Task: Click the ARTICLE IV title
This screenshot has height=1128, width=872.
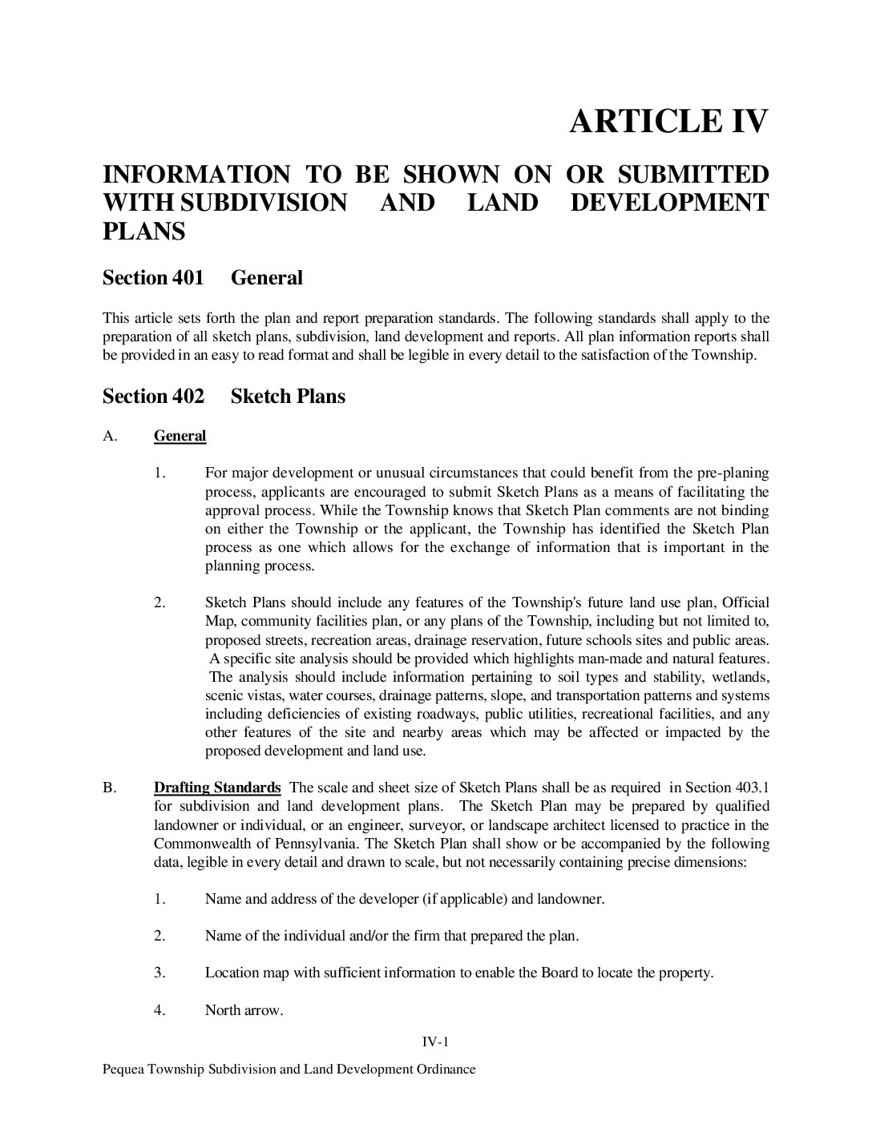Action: pyautogui.click(x=668, y=121)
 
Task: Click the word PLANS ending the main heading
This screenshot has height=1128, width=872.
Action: pyautogui.click(x=143, y=232)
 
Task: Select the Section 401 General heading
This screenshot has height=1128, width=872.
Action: pyautogui.click(x=202, y=278)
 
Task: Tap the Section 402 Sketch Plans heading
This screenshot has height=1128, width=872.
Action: pyautogui.click(x=224, y=397)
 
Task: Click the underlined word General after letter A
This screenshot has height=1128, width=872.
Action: pyautogui.click(x=180, y=436)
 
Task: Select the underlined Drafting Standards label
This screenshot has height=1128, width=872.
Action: pyautogui.click(x=216, y=787)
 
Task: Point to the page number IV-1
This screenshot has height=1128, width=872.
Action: pyautogui.click(x=435, y=1041)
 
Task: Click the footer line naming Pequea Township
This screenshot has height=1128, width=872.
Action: pyautogui.click(x=289, y=1069)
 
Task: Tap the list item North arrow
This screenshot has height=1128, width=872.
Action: pyautogui.click(x=244, y=1010)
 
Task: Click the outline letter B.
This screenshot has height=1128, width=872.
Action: pyautogui.click(x=109, y=788)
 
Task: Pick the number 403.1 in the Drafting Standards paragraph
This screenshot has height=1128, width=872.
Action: pyautogui.click(x=751, y=787)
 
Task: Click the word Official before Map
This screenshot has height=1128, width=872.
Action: pyautogui.click(x=745, y=602)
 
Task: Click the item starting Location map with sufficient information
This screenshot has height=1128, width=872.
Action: pyautogui.click(x=458, y=973)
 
